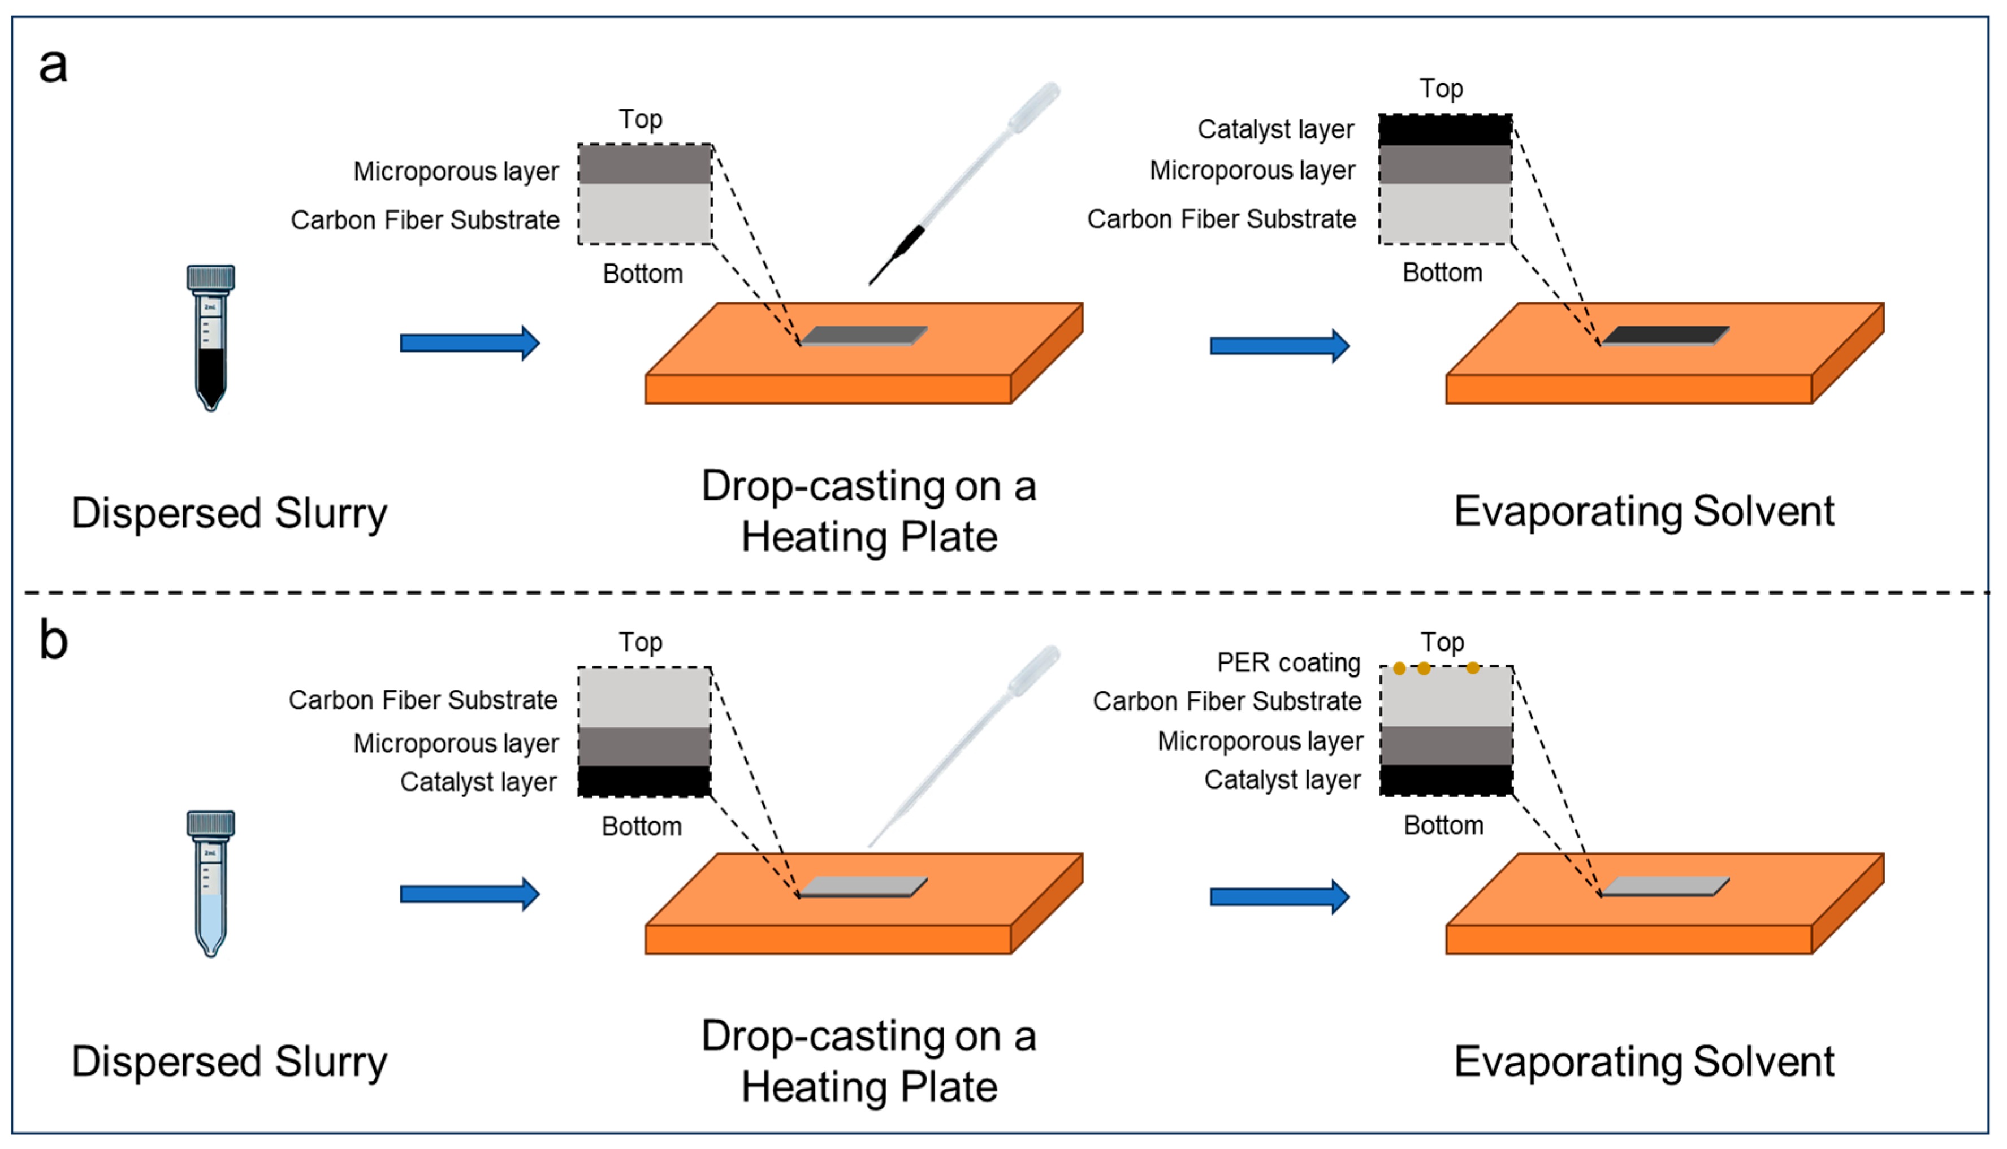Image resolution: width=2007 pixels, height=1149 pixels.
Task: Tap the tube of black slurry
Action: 211,339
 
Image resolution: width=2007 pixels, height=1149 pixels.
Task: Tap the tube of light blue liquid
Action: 211,884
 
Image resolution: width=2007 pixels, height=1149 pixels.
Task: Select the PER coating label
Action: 1289,663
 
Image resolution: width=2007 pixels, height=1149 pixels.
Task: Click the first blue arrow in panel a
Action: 470,343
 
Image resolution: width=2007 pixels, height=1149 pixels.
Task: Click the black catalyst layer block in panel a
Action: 1446,130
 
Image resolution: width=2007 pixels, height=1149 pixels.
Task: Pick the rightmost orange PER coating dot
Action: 1473,669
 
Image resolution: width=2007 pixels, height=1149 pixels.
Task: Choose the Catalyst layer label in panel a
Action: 1275,129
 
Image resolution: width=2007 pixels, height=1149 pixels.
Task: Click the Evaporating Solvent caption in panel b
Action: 1644,1061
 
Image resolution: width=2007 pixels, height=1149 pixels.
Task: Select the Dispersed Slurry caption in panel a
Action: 229,513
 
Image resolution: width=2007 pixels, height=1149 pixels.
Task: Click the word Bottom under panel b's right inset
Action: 1443,826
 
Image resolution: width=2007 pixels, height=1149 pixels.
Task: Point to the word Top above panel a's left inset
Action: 640,119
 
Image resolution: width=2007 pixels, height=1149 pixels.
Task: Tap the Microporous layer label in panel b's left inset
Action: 456,743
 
